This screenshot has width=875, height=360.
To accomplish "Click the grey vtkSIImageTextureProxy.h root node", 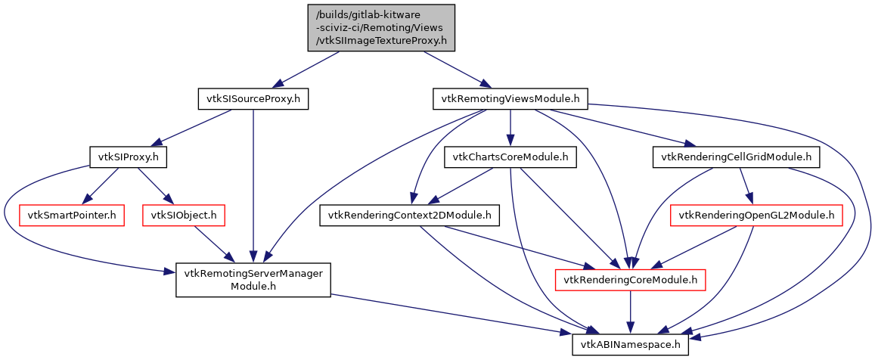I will point(381,27).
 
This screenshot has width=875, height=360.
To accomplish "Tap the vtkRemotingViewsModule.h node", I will point(510,98).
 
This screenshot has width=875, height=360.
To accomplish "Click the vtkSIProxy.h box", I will point(128,157).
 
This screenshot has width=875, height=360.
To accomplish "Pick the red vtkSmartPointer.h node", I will point(72,216).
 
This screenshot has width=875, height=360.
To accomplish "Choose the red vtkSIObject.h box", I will point(184,216).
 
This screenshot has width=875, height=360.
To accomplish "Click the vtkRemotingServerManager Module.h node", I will point(253,281).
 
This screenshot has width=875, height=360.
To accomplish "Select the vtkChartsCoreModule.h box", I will point(510,157).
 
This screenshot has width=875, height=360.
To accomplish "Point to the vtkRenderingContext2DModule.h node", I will point(409,216).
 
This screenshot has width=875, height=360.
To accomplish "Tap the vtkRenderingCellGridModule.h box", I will point(736,157).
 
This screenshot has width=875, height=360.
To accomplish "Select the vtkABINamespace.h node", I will point(631,346).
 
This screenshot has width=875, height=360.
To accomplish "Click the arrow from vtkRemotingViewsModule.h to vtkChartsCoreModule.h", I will point(510,128).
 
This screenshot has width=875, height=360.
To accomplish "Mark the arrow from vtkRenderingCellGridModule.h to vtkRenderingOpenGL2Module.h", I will point(746,186).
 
